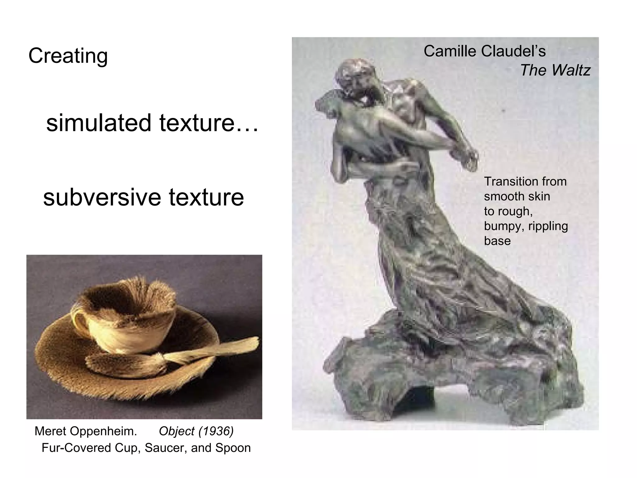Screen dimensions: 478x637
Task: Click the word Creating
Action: (68, 56)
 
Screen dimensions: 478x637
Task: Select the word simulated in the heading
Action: (99, 123)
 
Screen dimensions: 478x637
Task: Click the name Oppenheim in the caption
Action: (104, 431)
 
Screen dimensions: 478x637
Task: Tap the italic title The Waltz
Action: (555, 70)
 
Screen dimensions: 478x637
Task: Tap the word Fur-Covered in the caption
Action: (76, 448)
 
